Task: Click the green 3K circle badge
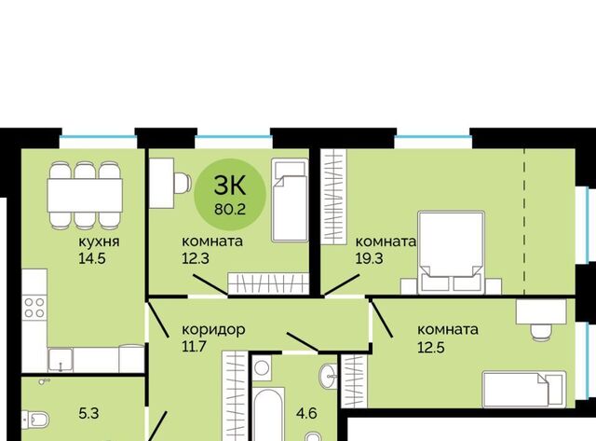click(230, 195)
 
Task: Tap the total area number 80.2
click(230, 209)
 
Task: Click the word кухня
click(99, 241)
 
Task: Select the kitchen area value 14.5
click(92, 259)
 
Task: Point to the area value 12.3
click(196, 259)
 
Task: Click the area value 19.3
click(369, 259)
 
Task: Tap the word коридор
click(213, 329)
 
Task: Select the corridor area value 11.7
click(194, 347)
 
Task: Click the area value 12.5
click(431, 348)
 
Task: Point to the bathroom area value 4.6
click(306, 413)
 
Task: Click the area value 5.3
click(88, 413)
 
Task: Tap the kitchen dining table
click(85, 196)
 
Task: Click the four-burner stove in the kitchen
click(34, 308)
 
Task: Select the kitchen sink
click(61, 360)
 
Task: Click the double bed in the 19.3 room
click(451, 253)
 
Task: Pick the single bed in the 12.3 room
click(290, 200)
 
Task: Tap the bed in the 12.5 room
click(524, 389)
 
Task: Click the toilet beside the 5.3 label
click(35, 420)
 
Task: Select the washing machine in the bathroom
click(262, 368)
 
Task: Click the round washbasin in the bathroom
click(329, 377)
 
